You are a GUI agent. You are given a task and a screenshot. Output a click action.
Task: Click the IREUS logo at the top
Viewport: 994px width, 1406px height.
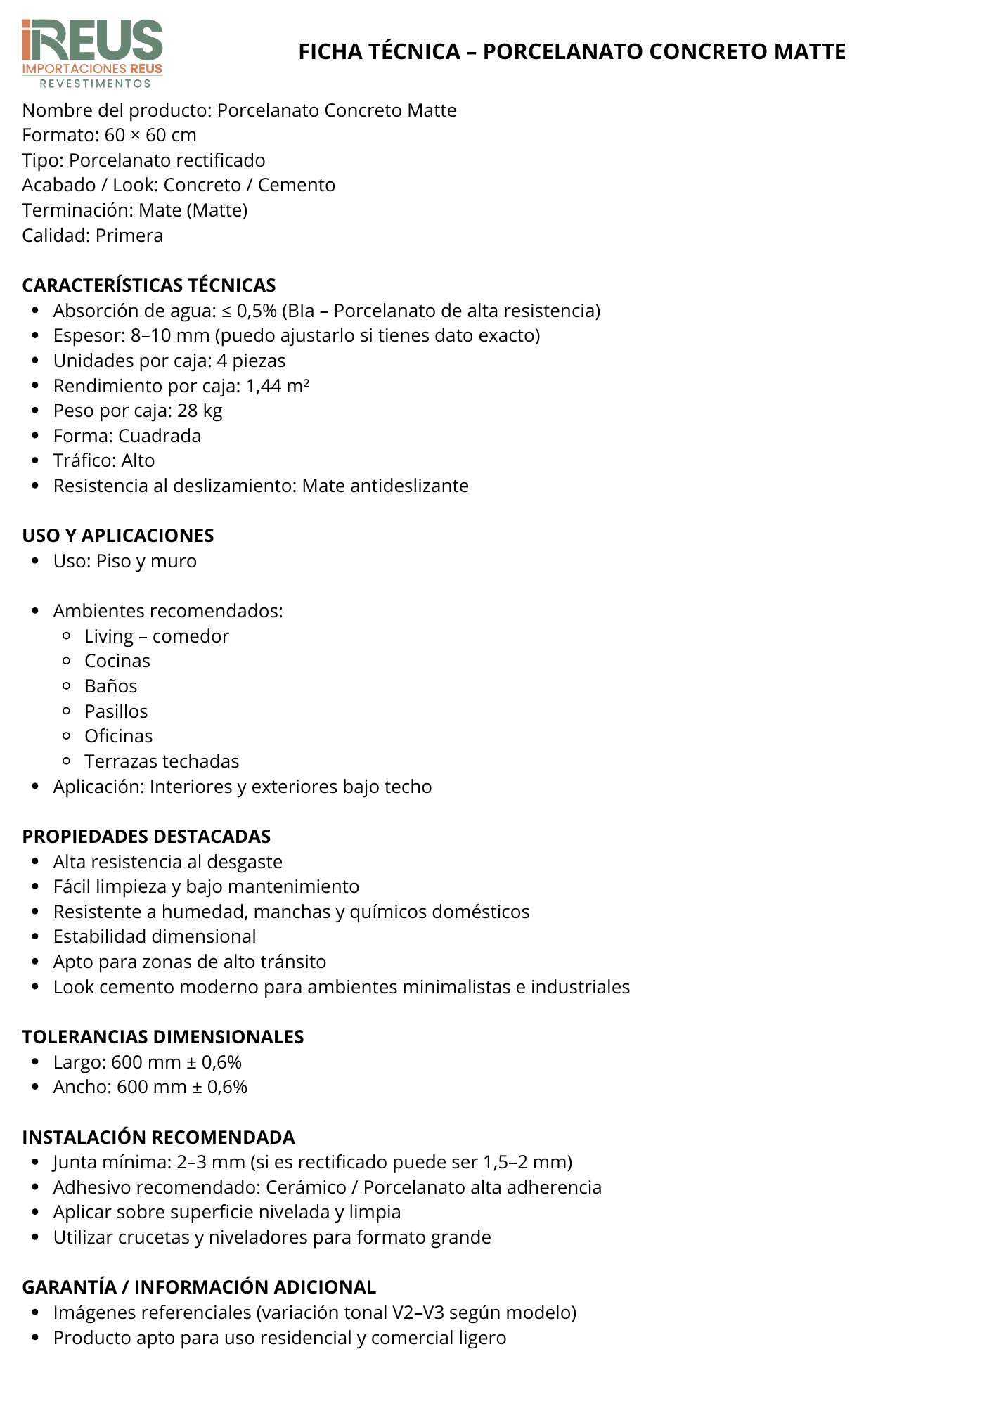point(92,53)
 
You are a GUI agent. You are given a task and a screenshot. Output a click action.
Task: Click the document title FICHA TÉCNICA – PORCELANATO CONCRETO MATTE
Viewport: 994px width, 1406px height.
point(572,51)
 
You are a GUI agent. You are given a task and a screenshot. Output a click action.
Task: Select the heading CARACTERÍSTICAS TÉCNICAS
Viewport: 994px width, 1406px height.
point(149,285)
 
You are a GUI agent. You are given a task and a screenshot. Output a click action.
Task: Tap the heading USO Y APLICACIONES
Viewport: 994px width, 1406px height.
point(118,536)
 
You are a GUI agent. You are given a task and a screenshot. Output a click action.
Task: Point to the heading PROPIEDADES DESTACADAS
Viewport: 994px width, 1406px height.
point(146,837)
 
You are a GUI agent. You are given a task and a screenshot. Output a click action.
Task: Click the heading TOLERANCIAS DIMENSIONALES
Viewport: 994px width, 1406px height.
point(163,1037)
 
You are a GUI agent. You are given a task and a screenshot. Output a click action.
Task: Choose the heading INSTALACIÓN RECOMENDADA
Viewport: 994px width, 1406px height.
point(158,1137)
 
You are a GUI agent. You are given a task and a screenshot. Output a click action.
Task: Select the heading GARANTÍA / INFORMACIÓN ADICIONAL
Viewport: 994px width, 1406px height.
point(199,1287)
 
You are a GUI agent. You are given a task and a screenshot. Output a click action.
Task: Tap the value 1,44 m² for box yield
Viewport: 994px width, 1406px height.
point(278,386)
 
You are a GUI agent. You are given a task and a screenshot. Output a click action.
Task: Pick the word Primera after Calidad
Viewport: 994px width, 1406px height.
point(129,236)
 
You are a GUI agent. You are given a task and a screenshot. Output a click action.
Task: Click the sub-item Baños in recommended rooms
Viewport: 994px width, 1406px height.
point(111,686)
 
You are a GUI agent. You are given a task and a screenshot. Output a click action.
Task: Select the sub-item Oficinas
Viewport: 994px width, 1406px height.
point(119,736)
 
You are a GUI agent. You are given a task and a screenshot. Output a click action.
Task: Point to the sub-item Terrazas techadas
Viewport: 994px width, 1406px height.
point(162,761)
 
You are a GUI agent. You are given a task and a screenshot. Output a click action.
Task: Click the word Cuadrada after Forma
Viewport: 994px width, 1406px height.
point(160,436)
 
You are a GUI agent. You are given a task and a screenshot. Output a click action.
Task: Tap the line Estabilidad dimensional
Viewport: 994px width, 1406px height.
point(155,936)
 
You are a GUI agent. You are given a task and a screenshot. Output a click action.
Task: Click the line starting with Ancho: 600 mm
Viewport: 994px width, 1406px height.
point(150,1087)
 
